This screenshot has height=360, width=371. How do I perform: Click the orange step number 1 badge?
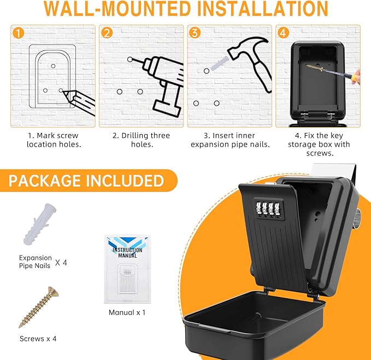click(x=19, y=33)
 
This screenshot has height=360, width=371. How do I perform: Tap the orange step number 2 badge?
click(x=107, y=33)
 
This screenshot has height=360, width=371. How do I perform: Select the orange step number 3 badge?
click(x=195, y=33)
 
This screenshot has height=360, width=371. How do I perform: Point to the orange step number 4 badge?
click(x=283, y=33)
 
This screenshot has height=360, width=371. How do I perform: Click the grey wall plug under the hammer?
click(x=219, y=63)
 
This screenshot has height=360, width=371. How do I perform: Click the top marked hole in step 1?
click(x=53, y=66)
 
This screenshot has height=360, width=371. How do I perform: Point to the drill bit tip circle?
click(x=130, y=60)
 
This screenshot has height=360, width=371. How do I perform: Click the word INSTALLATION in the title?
click(x=262, y=9)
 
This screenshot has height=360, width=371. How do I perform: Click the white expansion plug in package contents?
click(x=40, y=224)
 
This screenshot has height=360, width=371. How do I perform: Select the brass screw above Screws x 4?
click(x=39, y=307)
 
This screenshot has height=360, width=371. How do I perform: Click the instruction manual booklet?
click(x=127, y=269)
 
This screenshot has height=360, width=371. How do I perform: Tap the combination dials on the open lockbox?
click(x=269, y=209)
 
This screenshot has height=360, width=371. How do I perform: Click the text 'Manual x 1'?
click(x=127, y=312)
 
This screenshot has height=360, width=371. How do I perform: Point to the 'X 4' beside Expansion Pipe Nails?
click(x=61, y=263)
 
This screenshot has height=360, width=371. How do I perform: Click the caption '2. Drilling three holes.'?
click(x=142, y=140)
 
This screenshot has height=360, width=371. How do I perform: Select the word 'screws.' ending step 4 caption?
click(x=320, y=153)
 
